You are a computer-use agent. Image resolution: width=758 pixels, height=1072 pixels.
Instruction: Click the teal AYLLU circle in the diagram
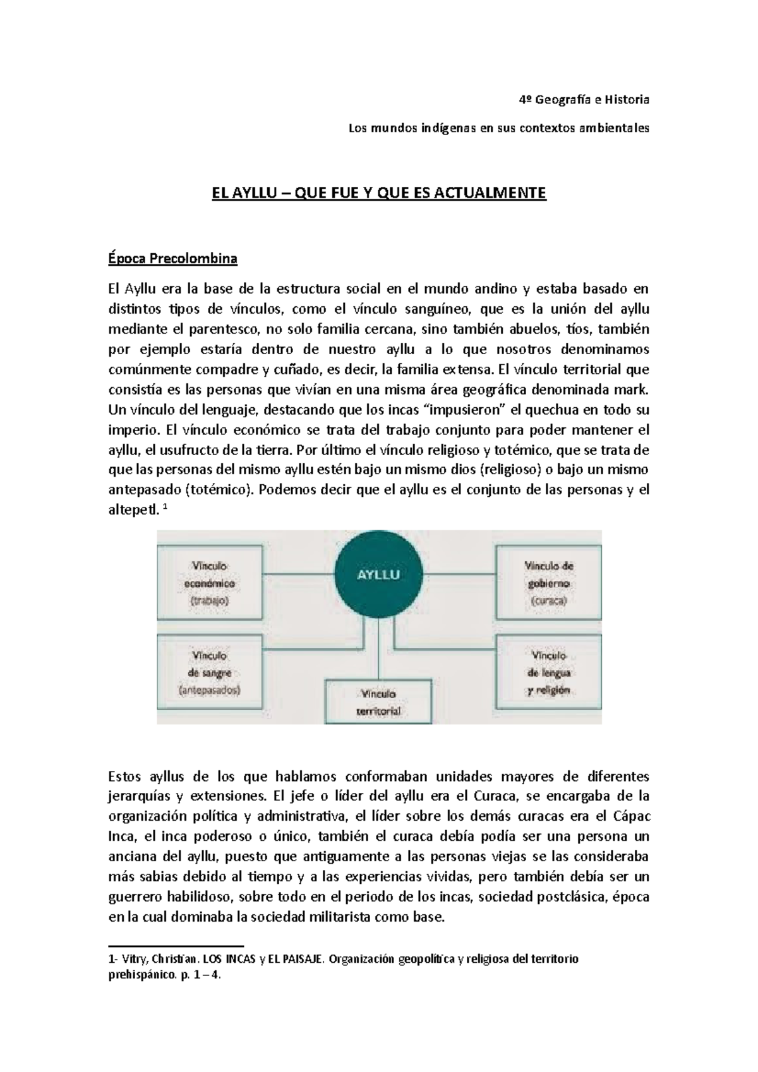click(378, 575)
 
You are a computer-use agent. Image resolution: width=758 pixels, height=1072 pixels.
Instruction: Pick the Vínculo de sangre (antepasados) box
click(209, 673)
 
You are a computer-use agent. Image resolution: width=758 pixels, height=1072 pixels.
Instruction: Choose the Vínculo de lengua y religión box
click(548, 673)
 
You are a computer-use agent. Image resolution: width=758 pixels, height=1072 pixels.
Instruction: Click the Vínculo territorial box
click(378, 702)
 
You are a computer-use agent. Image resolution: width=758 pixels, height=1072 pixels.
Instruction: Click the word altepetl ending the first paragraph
click(131, 511)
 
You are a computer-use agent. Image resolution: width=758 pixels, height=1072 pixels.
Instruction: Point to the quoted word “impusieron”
click(467, 410)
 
